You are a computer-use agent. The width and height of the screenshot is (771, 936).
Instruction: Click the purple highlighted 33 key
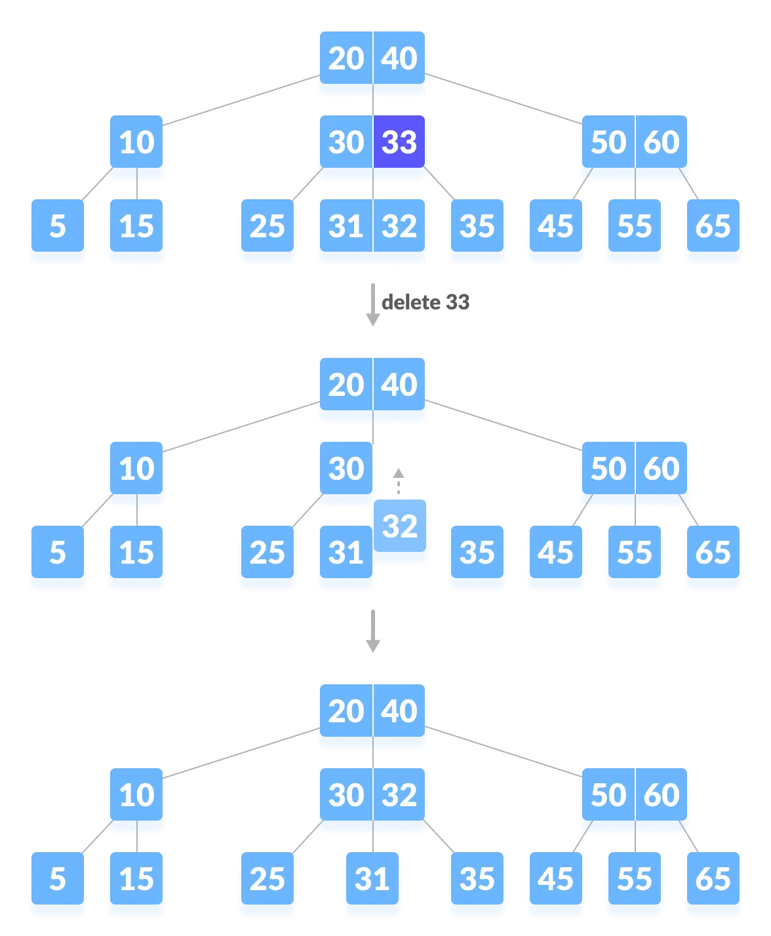pyautogui.click(x=399, y=142)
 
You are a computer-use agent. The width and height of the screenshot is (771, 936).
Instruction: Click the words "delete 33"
pyautogui.click(x=425, y=302)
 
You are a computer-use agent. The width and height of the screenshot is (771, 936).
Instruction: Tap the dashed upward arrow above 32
pyautogui.click(x=398, y=481)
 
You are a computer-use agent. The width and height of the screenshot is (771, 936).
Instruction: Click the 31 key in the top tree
pyautogui.click(x=346, y=227)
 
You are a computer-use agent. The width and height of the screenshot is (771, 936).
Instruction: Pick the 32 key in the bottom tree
pyautogui.click(x=399, y=796)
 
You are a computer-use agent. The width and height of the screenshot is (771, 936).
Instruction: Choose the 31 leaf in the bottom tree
pyautogui.click(x=372, y=880)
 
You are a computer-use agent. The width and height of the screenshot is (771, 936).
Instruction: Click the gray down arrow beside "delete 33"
pyautogui.click(x=373, y=305)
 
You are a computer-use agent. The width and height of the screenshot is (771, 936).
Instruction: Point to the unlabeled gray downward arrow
pyautogui.click(x=373, y=631)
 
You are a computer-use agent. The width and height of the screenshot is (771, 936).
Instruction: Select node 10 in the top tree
pyautogui.click(x=136, y=143)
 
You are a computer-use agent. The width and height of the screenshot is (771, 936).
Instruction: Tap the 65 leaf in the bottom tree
pyautogui.click(x=713, y=880)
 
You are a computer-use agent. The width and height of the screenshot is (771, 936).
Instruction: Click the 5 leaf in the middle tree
pyautogui.click(x=58, y=553)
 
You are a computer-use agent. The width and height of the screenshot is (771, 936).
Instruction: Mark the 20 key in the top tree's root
pyautogui.click(x=346, y=59)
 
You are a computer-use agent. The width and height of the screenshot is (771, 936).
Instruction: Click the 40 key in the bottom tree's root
pyautogui.click(x=399, y=712)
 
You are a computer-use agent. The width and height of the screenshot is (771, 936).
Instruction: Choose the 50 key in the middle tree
pyautogui.click(x=608, y=469)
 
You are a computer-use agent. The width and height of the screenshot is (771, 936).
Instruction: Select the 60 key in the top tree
pyautogui.click(x=661, y=143)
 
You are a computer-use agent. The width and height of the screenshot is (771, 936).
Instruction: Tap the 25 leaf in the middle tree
pyautogui.click(x=267, y=553)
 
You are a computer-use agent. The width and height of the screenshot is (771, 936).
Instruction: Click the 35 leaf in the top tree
pyautogui.click(x=477, y=227)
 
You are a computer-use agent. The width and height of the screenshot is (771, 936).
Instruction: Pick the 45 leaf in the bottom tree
pyautogui.click(x=555, y=880)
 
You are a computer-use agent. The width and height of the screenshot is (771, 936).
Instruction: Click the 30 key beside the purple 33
pyautogui.click(x=346, y=143)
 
